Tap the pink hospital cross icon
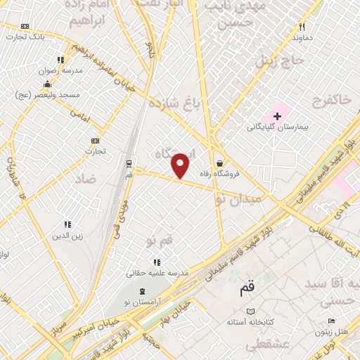pyautogui.click(x=278, y=115)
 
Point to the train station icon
pyautogui.click(x=129, y=163)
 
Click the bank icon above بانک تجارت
pyautogui.click(x=26, y=27)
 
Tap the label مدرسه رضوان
pyautogui.click(x=60, y=71)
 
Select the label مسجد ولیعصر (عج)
pyautogui.click(x=58, y=94)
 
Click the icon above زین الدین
pyautogui.click(x=67, y=224)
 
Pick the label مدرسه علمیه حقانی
pyautogui.click(x=157, y=272)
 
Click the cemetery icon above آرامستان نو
pyautogui.click(x=143, y=291)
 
